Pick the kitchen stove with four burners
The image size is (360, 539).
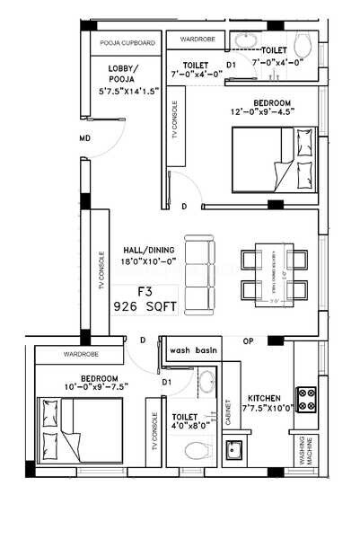tap(307, 401)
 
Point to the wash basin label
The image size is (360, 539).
tap(194, 350)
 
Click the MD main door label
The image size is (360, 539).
tap(84, 138)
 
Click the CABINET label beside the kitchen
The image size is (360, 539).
tap(230, 411)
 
